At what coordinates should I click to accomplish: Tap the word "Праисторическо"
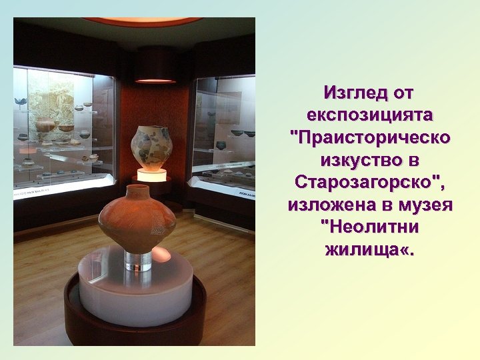[x=371, y=137]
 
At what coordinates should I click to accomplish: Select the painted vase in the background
[x=151, y=147]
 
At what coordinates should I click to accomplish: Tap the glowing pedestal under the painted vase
[x=151, y=175]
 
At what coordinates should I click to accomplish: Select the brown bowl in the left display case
[x=45, y=125]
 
